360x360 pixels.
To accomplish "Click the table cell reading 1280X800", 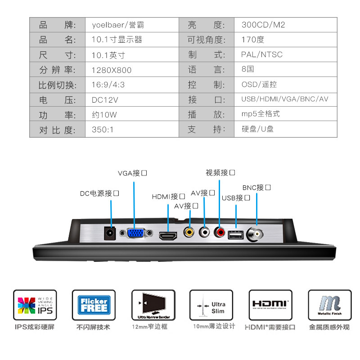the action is click(112, 70).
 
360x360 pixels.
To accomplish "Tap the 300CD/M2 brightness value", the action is click(263, 25).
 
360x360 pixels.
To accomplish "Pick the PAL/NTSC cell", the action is click(262, 55).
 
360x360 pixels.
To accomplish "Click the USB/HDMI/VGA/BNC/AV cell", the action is click(285, 99).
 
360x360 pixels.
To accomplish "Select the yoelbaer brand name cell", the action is click(117, 25).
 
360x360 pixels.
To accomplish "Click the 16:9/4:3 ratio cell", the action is click(108, 85).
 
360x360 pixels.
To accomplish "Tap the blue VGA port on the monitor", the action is click(135, 233).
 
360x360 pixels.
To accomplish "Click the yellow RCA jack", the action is click(189, 232).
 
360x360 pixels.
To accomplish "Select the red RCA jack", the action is click(220, 232).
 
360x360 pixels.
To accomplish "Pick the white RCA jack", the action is click(205, 232).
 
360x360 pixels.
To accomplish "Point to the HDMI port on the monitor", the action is click(168, 236).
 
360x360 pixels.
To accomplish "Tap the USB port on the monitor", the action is click(236, 235).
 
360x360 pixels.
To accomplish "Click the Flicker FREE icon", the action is click(94, 305).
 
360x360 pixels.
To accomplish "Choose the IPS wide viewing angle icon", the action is click(35, 305).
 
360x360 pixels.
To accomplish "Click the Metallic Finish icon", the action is click(329, 305).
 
